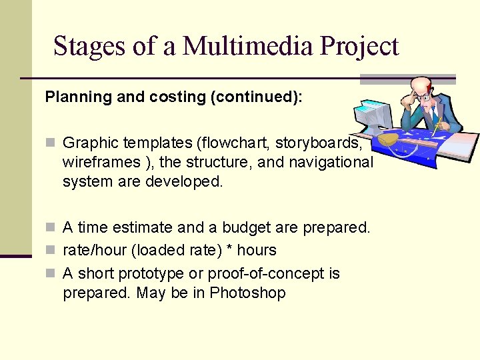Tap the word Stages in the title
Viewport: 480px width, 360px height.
(88, 46)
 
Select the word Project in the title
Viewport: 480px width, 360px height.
(359, 46)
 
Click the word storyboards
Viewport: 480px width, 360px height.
(319, 143)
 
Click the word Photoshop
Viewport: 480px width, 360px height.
(247, 293)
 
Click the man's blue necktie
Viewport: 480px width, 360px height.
(434, 116)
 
